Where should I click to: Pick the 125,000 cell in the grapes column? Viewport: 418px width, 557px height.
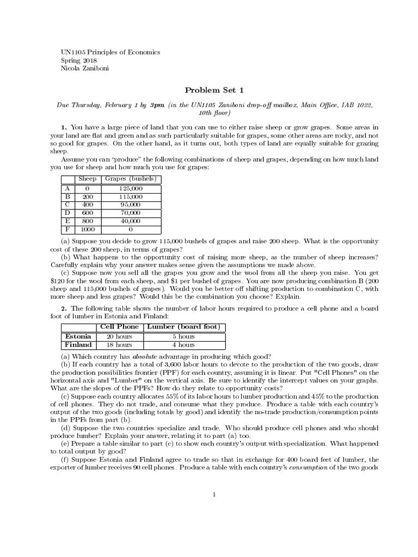pyautogui.click(x=130, y=188)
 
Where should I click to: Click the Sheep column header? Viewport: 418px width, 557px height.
pyautogui.click(x=87, y=179)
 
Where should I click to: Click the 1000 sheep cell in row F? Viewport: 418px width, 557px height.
pyautogui.click(x=87, y=230)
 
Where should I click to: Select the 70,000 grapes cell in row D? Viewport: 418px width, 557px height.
pyautogui.click(x=130, y=213)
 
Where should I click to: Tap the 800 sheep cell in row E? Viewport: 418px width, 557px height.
pyautogui.click(x=87, y=221)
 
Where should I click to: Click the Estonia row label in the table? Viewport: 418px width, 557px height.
pyautogui.click(x=78, y=336)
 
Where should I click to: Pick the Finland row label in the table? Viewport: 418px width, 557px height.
pyautogui.click(x=78, y=344)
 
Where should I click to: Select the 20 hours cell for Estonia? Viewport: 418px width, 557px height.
pyautogui.click(x=119, y=336)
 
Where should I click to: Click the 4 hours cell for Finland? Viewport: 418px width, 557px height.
pyautogui.click(x=184, y=344)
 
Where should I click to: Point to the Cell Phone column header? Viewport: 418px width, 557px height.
pyautogui.click(x=119, y=327)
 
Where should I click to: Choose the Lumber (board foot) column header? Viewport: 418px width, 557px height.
pyautogui.click(x=184, y=327)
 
